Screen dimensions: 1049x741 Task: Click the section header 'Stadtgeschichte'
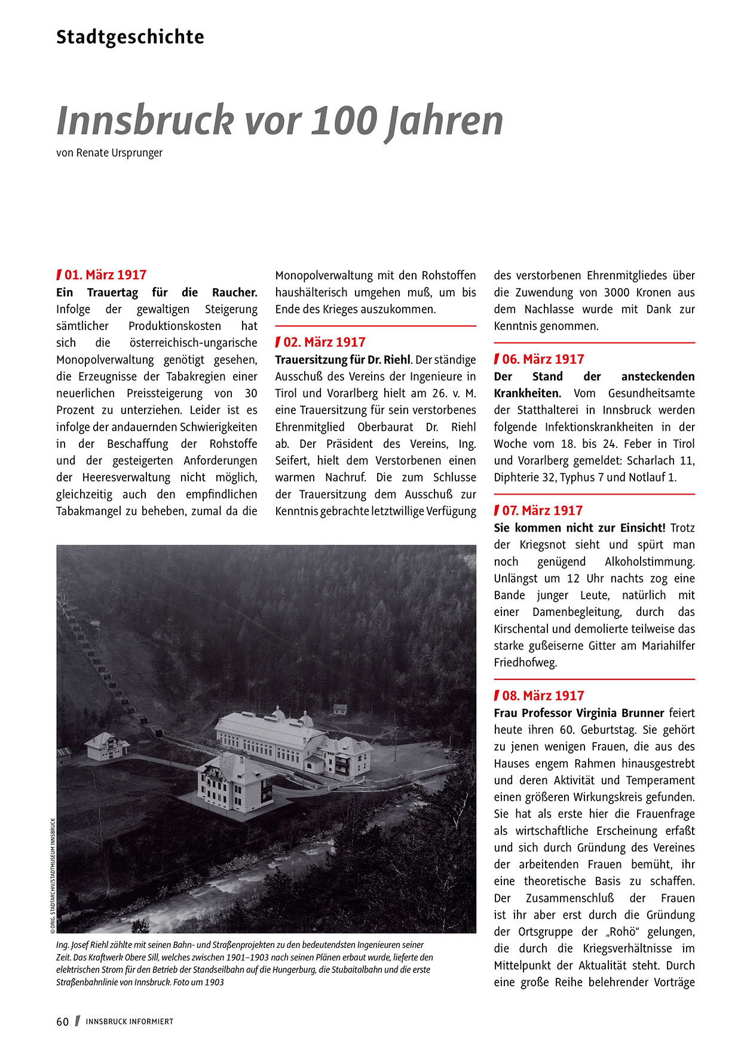pyautogui.click(x=130, y=37)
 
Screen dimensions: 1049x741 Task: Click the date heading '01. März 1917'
pyautogui.click(x=105, y=275)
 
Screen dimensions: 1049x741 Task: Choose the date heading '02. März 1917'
pyautogui.click(x=324, y=343)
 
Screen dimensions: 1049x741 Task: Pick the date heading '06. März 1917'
pyautogui.click(x=543, y=359)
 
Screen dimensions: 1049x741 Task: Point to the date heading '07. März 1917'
pyautogui.click(x=542, y=511)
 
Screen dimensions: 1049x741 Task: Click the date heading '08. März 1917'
pyautogui.click(x=543, y=696)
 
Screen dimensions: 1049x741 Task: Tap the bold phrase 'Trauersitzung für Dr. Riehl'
pyautogui.click(x=342, y=360)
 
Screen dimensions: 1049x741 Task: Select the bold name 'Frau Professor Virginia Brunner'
pyautogui.click(x=578, y=713)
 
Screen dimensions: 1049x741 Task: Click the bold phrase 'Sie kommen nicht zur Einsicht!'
pyautogui.click(x=579, y=528)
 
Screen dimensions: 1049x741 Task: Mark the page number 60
pyautogui.click(x=63, y=1021)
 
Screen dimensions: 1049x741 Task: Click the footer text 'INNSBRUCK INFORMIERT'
pyautogui.click(x=129, y=1021)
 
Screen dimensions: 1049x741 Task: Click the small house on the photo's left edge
pyautogui.click(x=106, y=746)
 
